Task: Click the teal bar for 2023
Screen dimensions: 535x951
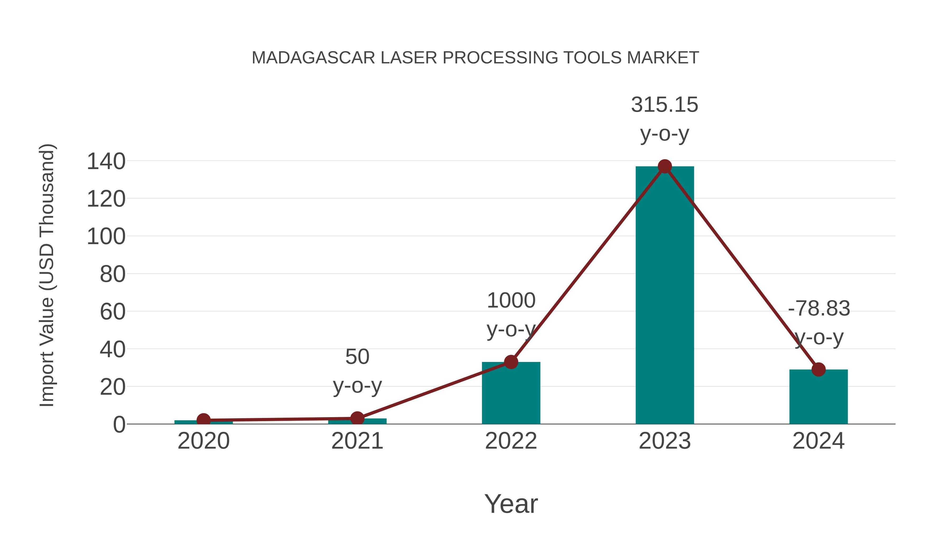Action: pyautogui.click(x=665, y=295)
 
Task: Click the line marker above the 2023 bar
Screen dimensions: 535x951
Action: pyautogui.click(x=665, y=166)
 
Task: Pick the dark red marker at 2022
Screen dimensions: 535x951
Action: pyautogui.click(x=511, y=362)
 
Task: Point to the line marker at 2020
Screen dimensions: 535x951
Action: pyautogui.click(x=203, y=420)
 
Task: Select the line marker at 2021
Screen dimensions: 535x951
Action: pyautogui.click(x=357, y=418)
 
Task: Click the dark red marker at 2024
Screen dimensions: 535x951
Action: pyautogui.click(x=818, y=369)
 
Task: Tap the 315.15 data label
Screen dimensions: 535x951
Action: pyautogui.click(x=665, y=105)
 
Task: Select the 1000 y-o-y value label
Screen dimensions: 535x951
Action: pyautogui.click(x=511, y=301)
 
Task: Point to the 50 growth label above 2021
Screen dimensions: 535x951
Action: pyautogui.click(x=357, y=357)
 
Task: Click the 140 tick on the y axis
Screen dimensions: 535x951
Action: pyautogui.click(x=106, y=162)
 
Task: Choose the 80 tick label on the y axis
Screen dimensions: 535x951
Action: pyautogui.click(x=112, y=274)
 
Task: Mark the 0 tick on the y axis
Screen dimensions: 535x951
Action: pyautogui.click(x=119, y=425)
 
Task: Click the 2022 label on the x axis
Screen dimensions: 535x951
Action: pyautogui.click(x=511, y=441)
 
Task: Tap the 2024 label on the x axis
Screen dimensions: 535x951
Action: pyautogui.click(x=818, y=441)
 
